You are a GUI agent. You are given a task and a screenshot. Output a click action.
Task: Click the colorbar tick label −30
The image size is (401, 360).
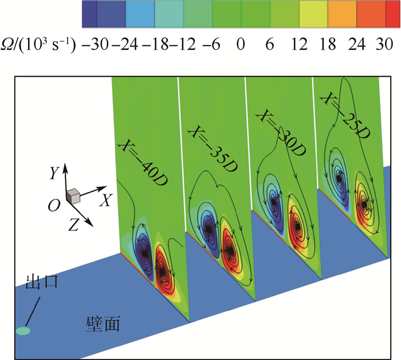pos(94,44)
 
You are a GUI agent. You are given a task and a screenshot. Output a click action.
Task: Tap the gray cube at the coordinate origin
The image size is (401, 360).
pos(73,197)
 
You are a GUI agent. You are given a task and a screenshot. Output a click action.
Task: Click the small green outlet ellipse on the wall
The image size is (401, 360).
pos(22,331)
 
